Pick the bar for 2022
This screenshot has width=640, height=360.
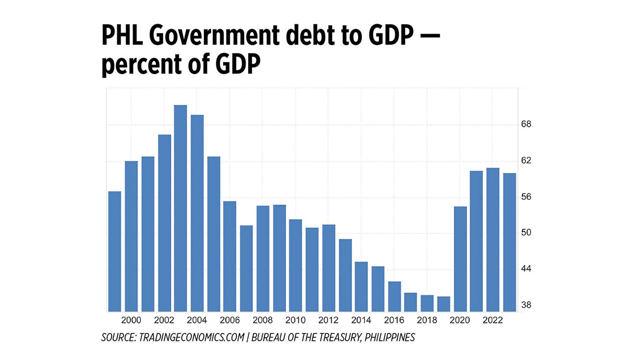pyautogui.click(x=493, y=239)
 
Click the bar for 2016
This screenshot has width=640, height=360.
pyautogui.click(x=394, y=296)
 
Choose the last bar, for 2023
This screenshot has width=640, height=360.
pyautogui.click(x=509, y=242)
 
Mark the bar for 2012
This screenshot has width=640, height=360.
pyautogui.click(x=328, y=267)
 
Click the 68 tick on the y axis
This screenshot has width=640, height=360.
pyautogui.click(x=526, y=124)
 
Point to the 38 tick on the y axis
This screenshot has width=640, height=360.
pyautogui.click(x=526, y=305)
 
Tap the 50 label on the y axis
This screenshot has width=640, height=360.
pyautogui.click(x=526, y=233)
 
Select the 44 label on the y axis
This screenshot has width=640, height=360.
pyautogui.click(x=526, y=269)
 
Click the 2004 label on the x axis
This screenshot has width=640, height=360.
pyautogui.click(x=196, y=320)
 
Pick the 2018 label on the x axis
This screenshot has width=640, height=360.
pyautogui.click(x=427, y=320)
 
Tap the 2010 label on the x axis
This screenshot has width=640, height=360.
pyautogui.click(x=295, y=320)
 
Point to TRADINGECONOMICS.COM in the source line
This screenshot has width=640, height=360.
pyautogui.click(x=190, y=337)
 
